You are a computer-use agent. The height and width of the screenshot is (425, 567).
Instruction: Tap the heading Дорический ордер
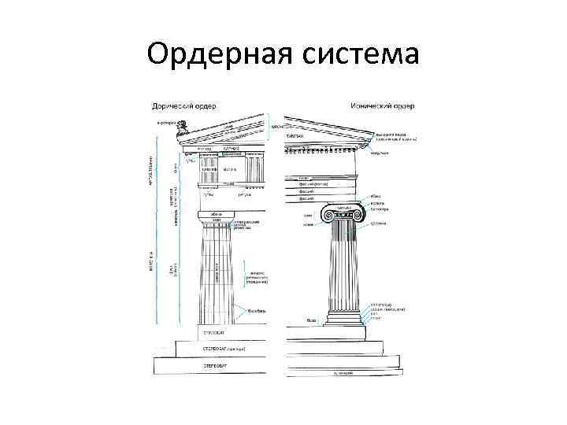pyautogui.click(x=185, y=105)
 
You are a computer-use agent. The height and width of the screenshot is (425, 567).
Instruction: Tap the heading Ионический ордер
pyautogui.click(x=382, y=105)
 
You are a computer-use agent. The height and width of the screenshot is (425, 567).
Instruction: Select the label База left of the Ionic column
pyautogui.click(x=312, y=320)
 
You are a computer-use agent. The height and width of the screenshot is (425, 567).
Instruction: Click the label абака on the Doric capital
pyautogui.click(x=217, y=213)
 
